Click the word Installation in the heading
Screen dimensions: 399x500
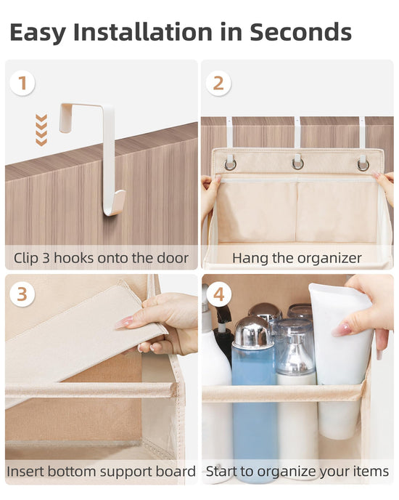point(143,32)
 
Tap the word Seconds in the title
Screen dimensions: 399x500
point(300,32)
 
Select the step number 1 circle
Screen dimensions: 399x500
point(22,84)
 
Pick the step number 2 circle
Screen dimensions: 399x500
point(218,84)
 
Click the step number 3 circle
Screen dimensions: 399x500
point(22,294)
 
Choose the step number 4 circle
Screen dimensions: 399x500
point(219,294)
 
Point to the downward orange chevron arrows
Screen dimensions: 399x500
point(41,130)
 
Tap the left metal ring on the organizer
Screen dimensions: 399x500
point(230,164)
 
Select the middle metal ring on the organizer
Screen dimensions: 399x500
point(297,164)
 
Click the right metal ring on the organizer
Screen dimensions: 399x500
point(363,165)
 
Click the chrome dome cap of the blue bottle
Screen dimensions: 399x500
point(253,331)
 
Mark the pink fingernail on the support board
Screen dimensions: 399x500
point(124,323)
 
